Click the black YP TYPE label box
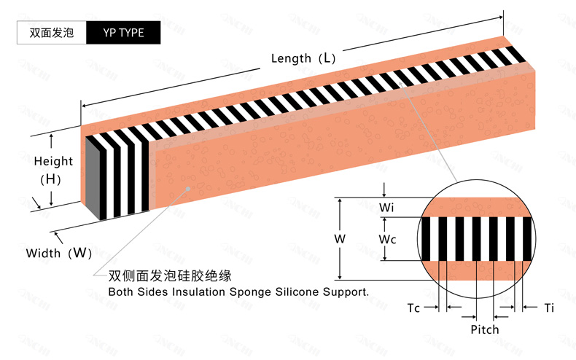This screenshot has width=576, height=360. [123, 33]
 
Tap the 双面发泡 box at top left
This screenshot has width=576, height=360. [51, 33]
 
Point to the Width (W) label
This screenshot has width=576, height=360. [59, 254]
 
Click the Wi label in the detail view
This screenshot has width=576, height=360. [386, 208]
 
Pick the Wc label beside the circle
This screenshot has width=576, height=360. [388, 238]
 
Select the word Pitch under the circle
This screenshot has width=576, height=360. [484, 329]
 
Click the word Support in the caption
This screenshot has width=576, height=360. [346, 291]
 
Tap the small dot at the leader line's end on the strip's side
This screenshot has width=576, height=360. [190, 188]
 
